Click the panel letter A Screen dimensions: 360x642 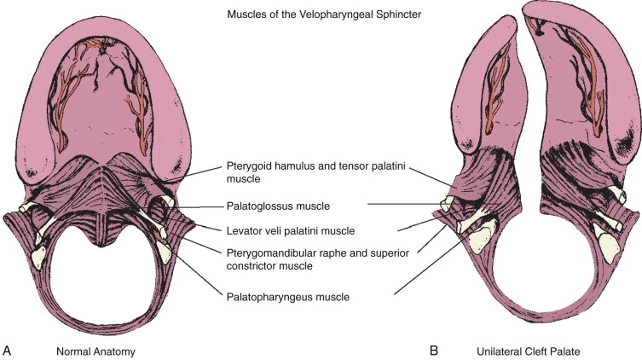pos(7,350)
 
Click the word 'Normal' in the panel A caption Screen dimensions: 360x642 pos(73,350)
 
